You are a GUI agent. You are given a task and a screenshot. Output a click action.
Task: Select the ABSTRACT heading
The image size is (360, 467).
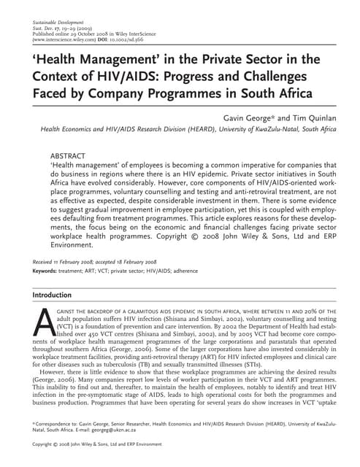coord(72,156)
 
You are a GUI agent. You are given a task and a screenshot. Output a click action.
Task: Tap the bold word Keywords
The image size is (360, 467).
coord(48,271)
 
